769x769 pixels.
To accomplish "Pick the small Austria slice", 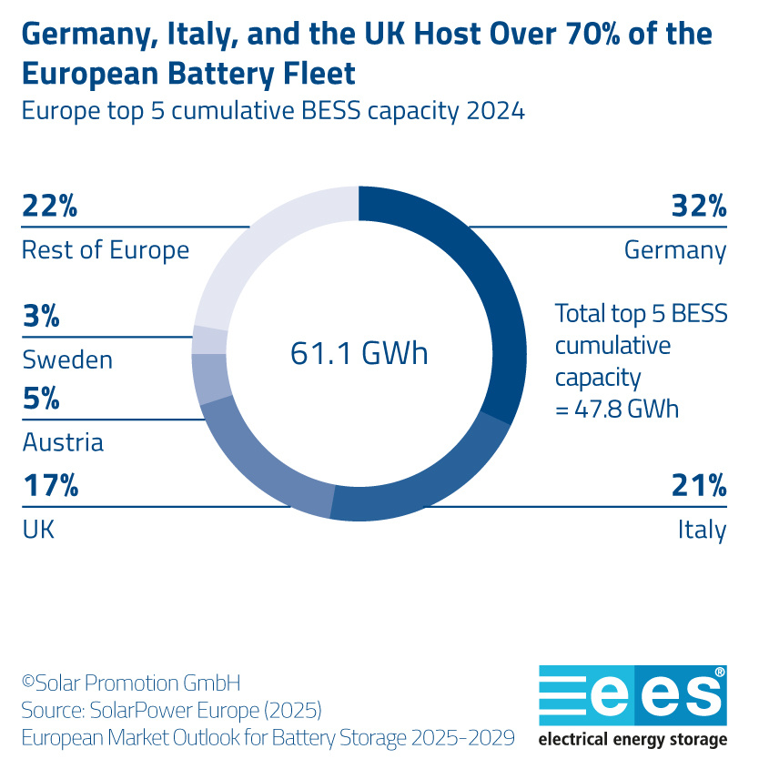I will click(211, 379).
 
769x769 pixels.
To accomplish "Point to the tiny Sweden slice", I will click(210, 339).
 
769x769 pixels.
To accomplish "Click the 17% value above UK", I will click(50, 486).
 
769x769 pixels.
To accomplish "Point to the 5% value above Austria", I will click(41, 399).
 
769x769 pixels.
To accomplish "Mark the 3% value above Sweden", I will click(41, 317).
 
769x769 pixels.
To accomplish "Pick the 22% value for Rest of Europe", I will click(50, 207).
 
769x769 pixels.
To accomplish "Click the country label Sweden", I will click(67, 359).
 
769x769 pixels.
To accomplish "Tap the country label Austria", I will click(63, 442).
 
